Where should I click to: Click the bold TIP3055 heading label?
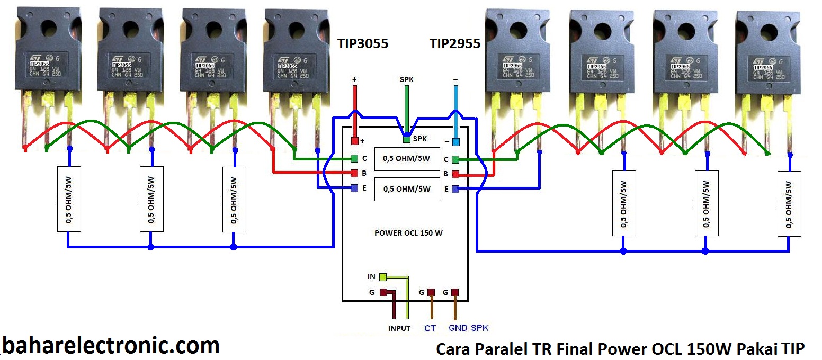(363, 43)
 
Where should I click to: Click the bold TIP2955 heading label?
(455, 43)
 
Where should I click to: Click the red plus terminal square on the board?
(354, 141)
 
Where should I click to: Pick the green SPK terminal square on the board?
(406, 140)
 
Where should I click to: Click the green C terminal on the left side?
(354, 158)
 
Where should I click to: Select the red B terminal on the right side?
(455, 174)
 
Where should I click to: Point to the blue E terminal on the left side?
(354, 188)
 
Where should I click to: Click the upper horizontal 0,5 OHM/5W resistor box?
(407, 159)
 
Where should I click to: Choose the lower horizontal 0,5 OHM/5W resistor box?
(407, 189)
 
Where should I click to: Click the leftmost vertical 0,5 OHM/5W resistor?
(69, 199)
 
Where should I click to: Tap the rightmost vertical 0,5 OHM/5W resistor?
(789, 204)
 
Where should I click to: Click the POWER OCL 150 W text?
(408, 233)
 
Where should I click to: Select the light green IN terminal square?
(382, 276)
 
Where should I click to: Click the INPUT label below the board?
(399, 328)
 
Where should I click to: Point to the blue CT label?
(430, 328)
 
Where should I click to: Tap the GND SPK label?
(468, 328)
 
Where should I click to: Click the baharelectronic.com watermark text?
(111, 346)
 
